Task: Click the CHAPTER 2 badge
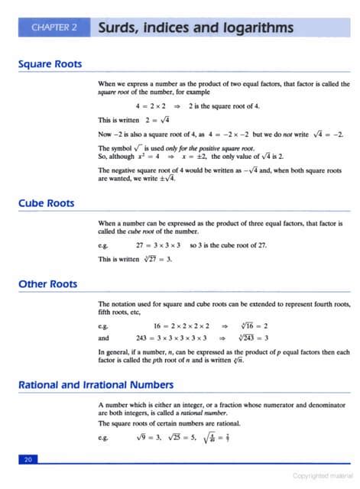point(54,29)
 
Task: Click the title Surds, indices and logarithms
point(196,28)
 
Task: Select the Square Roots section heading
point(50,64)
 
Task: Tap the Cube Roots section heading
point(47,204)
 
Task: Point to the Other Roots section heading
point(48,284)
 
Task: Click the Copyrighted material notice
point(321,475)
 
